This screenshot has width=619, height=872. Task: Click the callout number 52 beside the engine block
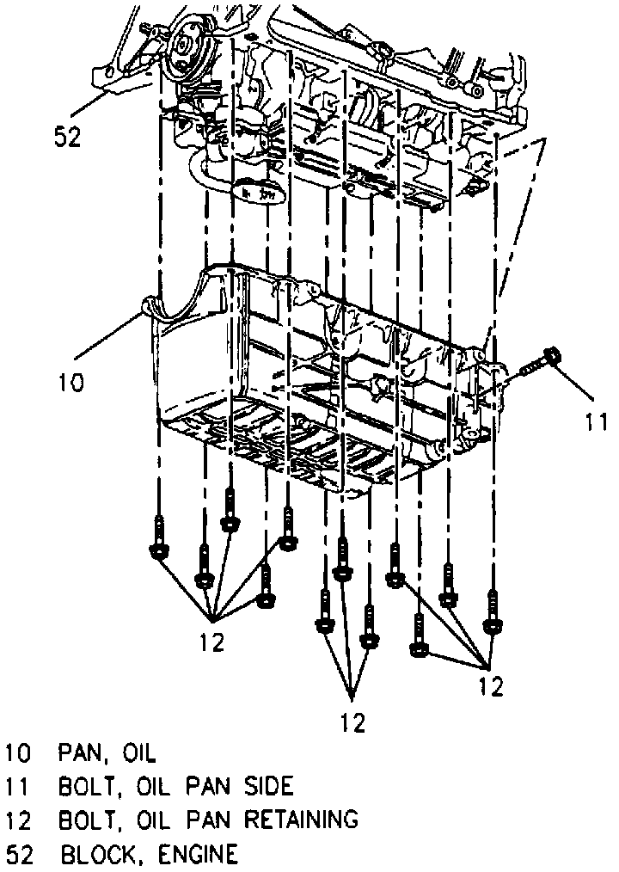(67, 136)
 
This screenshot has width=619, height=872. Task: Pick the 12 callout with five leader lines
(212, 642)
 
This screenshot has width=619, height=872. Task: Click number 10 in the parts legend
(19, 753)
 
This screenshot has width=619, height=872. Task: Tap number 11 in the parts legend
(19, 786)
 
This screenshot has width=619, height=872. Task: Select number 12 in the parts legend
(19, 819)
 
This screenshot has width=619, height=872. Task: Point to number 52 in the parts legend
(19, 853)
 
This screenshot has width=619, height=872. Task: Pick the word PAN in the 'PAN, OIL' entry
(83, 753)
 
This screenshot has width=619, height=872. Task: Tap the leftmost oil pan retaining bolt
(158, 538)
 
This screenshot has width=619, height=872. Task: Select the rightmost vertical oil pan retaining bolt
(493, 611)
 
